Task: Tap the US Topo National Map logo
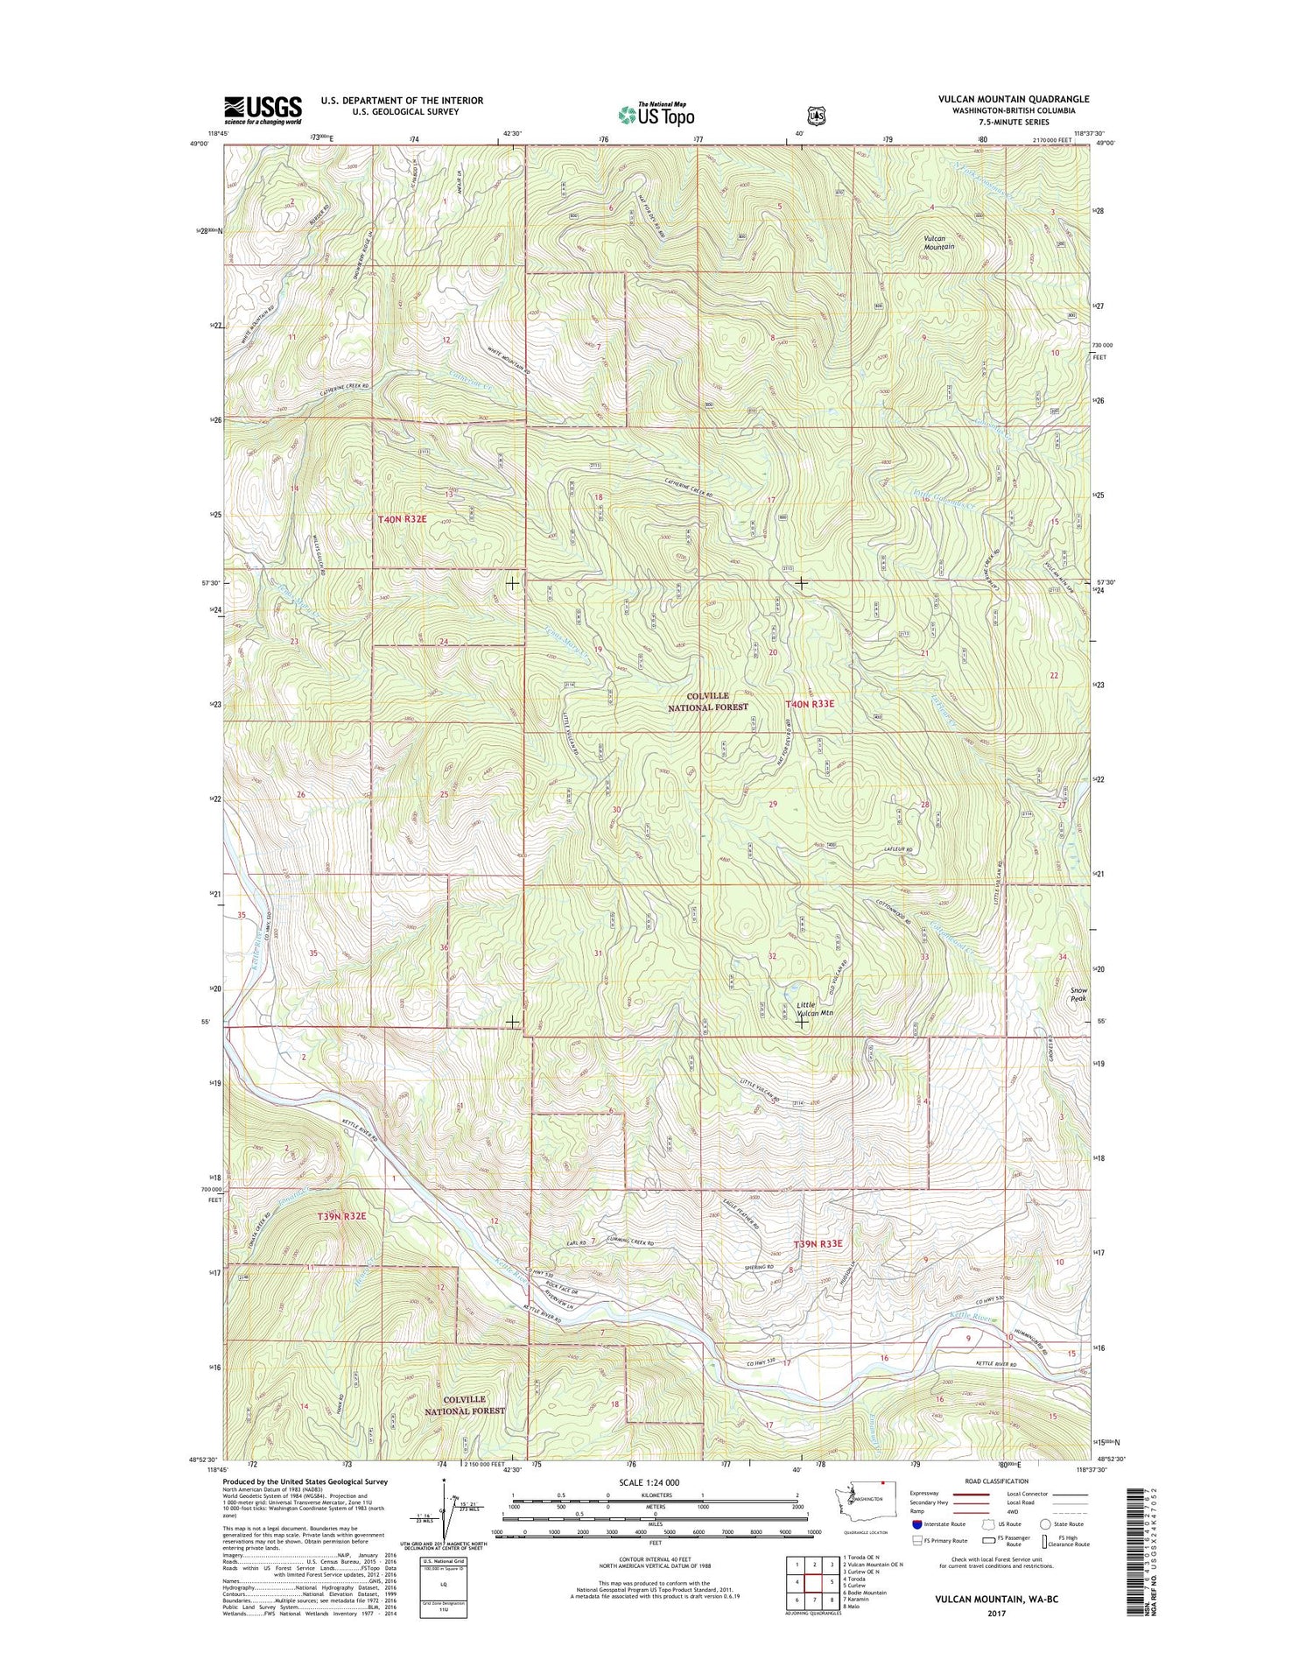(x=656, y=114)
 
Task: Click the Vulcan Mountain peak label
(x=938, y=242)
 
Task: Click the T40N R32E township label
(x=402, y=519)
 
